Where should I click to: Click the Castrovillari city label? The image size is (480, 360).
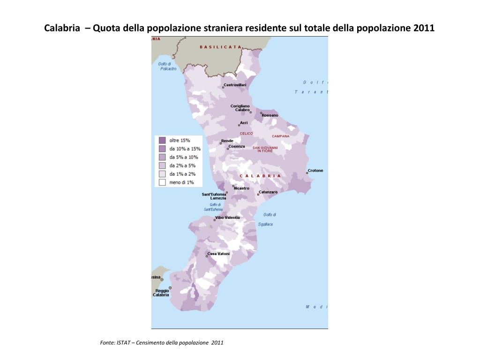[232, 85]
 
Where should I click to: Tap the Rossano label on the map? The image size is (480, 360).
[270, 115]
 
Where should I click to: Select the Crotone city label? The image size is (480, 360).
[315, 171]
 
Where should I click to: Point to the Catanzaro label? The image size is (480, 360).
[268, 192]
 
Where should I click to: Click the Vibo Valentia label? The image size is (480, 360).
[227, 217]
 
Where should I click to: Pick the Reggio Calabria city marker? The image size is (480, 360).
[170, 288]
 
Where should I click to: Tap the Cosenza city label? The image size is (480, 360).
[237, 146]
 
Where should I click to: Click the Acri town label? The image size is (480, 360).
[244, 123]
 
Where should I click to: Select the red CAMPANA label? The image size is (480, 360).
[281, 136]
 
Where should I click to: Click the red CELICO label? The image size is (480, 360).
[246, 134]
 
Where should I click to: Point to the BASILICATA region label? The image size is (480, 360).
[220, 47]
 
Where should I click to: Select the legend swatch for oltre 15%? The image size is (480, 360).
[162, 140]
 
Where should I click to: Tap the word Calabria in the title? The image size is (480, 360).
[60, 28]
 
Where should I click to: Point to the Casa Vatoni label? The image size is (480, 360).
[218, 254]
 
